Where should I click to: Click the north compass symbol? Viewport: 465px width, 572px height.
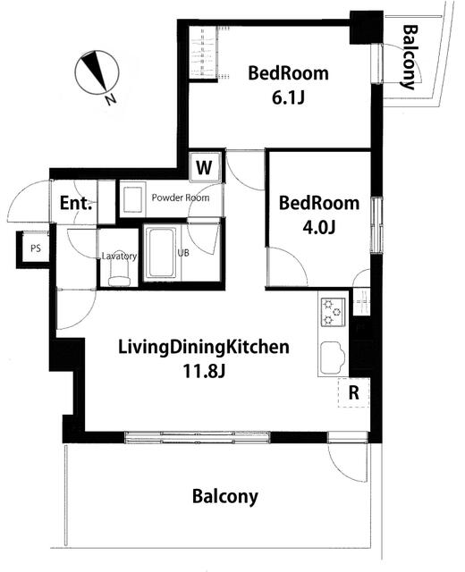tap(97, 73)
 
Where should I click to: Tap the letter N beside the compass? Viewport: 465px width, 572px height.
tap(110, 99)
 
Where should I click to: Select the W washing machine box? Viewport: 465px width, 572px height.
tap(205, 167)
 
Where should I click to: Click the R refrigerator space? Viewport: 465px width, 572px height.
tap(354, 392)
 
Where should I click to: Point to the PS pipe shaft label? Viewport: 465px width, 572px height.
tap(36, 248)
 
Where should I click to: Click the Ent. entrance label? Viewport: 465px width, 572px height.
tap(75, 203)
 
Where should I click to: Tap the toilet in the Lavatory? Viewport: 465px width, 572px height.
tap(119, 273)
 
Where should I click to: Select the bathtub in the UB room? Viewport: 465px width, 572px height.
tap(161, 253)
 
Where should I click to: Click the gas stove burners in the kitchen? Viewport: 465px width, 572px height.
tap(333, 312)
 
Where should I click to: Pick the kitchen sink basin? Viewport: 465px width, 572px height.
tap(333, 357)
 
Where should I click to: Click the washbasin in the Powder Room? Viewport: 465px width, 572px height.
tap(132, 199)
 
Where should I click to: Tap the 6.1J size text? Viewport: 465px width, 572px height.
tap(288, 97)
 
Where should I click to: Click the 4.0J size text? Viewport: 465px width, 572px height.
tap(318, 227)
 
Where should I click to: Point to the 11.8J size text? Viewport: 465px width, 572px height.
tap(204, 371)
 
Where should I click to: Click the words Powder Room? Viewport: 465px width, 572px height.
tap(181, 198)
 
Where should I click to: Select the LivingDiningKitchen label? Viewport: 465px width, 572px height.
tap(204, 348)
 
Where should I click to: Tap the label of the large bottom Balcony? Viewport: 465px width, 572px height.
tap(224, 497)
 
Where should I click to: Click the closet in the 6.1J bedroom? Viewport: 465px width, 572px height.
tap(204, 52)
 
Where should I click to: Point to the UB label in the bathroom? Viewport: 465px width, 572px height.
tap(183, 252)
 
